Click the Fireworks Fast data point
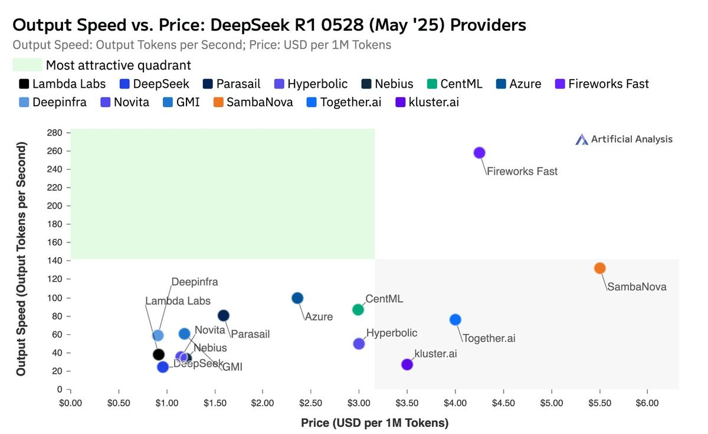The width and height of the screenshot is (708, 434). [x=479, y=153]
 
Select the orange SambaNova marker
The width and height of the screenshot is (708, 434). [x=599, y=268]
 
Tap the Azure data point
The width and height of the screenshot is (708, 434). [x=297, y=298]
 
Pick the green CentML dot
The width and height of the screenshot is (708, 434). [x=358, y=310]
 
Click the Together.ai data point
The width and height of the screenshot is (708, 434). [x=455, y=320]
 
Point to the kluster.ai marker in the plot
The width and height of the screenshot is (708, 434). [x=407, y=364]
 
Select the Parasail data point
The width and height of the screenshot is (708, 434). [x=223, y=315]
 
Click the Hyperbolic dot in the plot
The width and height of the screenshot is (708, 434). [x=358, y=344]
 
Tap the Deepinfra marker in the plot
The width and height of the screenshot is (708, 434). [x=158, y=336]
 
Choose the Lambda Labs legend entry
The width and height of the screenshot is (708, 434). [x=62, y=84]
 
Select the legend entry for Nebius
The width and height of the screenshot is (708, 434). [x=387, y=84]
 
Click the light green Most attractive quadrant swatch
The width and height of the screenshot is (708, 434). [x=27, y=65]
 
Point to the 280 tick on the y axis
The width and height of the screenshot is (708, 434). [x=55, y=133]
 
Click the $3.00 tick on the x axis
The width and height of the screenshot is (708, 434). [x=359, y=403]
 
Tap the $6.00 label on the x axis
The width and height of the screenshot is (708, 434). [x=647, y=403]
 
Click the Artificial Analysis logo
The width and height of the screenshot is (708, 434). [x=624, y=139]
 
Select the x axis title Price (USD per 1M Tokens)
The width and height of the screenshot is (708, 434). [x=375, y=423]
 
